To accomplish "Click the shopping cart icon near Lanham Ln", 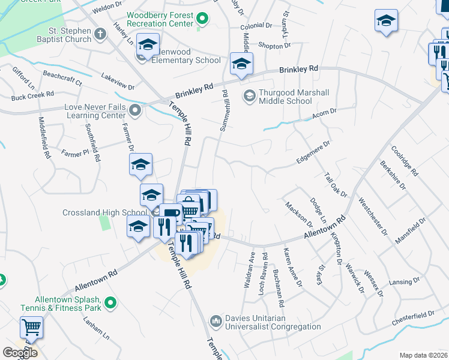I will (x=31, y=328).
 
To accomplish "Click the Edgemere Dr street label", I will (x=313, y=152).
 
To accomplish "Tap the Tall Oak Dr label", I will (x=336, y=185).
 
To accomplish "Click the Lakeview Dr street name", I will (x=118, y=82).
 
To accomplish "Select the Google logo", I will (x=20, y=352).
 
